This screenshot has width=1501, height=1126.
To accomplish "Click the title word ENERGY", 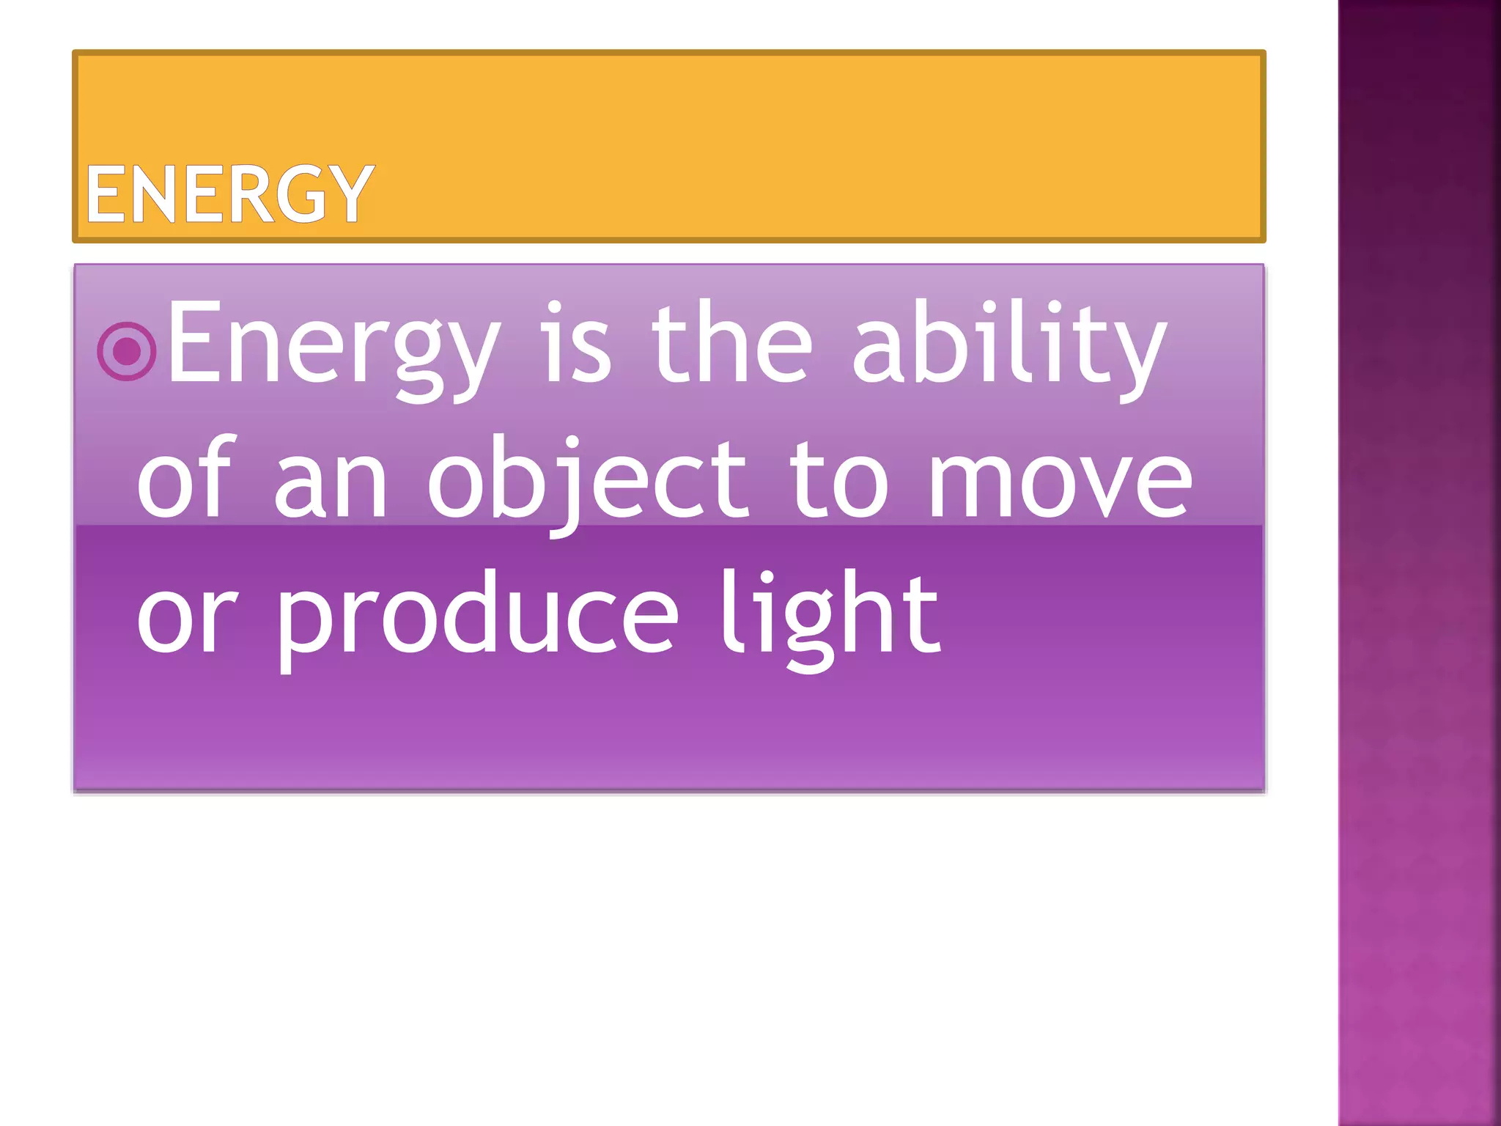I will [229, 194].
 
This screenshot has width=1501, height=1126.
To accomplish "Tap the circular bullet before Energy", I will [127, 352].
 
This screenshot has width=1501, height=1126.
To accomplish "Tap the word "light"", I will [829, 616].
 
